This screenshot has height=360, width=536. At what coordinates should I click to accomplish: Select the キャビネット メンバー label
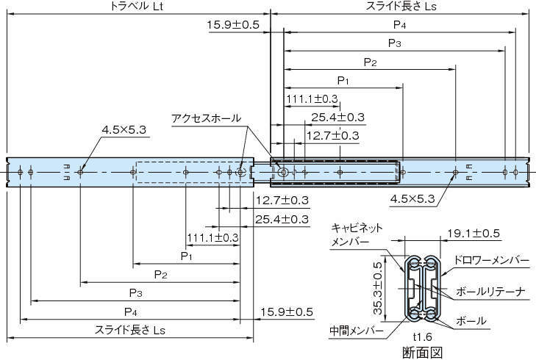(357, 234)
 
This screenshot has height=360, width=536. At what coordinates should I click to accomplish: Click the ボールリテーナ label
(490, 291)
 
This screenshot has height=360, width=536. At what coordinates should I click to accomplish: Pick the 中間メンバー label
(357, 331)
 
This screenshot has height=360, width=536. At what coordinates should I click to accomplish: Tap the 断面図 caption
(426, 352)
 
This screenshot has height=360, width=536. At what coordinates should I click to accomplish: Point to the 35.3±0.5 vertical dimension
(378, 287)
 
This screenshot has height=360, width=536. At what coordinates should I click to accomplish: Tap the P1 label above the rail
(343, 79)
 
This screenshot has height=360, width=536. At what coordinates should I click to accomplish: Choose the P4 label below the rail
(130, 311)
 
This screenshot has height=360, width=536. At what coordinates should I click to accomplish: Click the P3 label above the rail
(394, 43)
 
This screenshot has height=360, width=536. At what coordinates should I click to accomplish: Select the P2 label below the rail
(160, 274)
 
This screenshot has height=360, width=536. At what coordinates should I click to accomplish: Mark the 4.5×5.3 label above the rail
(125, 130)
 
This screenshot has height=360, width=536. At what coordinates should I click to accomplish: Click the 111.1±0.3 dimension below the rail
(212, 237)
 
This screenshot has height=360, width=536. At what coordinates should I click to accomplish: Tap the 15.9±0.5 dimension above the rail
(233, 25)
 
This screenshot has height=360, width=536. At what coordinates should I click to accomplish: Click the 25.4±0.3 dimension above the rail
(337, 117)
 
